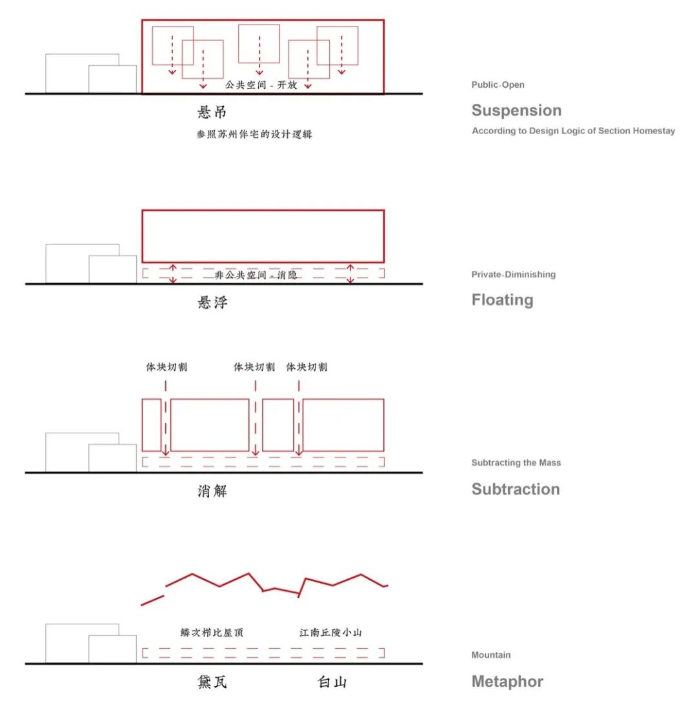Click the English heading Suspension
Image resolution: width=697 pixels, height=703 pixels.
516,110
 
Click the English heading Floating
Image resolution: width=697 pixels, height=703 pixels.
502,300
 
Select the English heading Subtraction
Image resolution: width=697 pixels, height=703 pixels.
516,489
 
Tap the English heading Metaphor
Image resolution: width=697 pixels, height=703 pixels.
507,682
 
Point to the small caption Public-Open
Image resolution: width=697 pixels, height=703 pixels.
498,84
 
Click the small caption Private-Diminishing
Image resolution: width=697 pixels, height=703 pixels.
514,274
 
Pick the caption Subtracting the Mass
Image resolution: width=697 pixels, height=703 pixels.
516,462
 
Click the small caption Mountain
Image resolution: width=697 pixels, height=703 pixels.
491,655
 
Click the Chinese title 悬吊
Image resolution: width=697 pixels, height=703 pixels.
212,112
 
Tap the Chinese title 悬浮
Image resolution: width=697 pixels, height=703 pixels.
212,302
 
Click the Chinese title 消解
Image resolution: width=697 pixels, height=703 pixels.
212,491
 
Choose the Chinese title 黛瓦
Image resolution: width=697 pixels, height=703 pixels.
212,682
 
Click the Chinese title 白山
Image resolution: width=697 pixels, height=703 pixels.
332,682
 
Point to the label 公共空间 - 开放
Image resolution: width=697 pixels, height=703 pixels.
261,84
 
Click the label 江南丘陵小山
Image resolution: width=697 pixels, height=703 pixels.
331,633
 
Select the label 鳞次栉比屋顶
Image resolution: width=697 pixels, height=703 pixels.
212,633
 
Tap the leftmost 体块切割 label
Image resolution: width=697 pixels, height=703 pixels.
167,367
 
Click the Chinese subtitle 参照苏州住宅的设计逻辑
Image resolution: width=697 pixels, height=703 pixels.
254,134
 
